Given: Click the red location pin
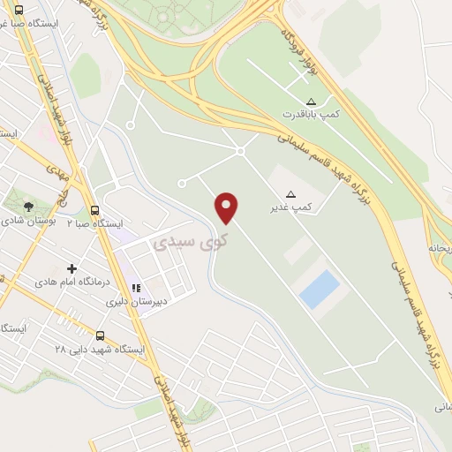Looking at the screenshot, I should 227,207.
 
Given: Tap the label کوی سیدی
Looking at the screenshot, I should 191,240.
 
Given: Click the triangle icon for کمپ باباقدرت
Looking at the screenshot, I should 310,101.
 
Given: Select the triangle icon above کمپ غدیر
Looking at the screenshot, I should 291,192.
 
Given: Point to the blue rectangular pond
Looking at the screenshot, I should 319,290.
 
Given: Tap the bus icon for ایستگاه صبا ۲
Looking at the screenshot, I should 94,210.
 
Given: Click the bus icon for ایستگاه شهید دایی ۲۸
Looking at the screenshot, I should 100,336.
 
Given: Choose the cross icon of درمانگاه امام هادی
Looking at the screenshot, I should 72,267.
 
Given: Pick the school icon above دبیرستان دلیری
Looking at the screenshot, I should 136,287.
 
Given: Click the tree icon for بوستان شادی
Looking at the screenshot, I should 29,206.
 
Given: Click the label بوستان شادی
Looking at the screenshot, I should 28,221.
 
